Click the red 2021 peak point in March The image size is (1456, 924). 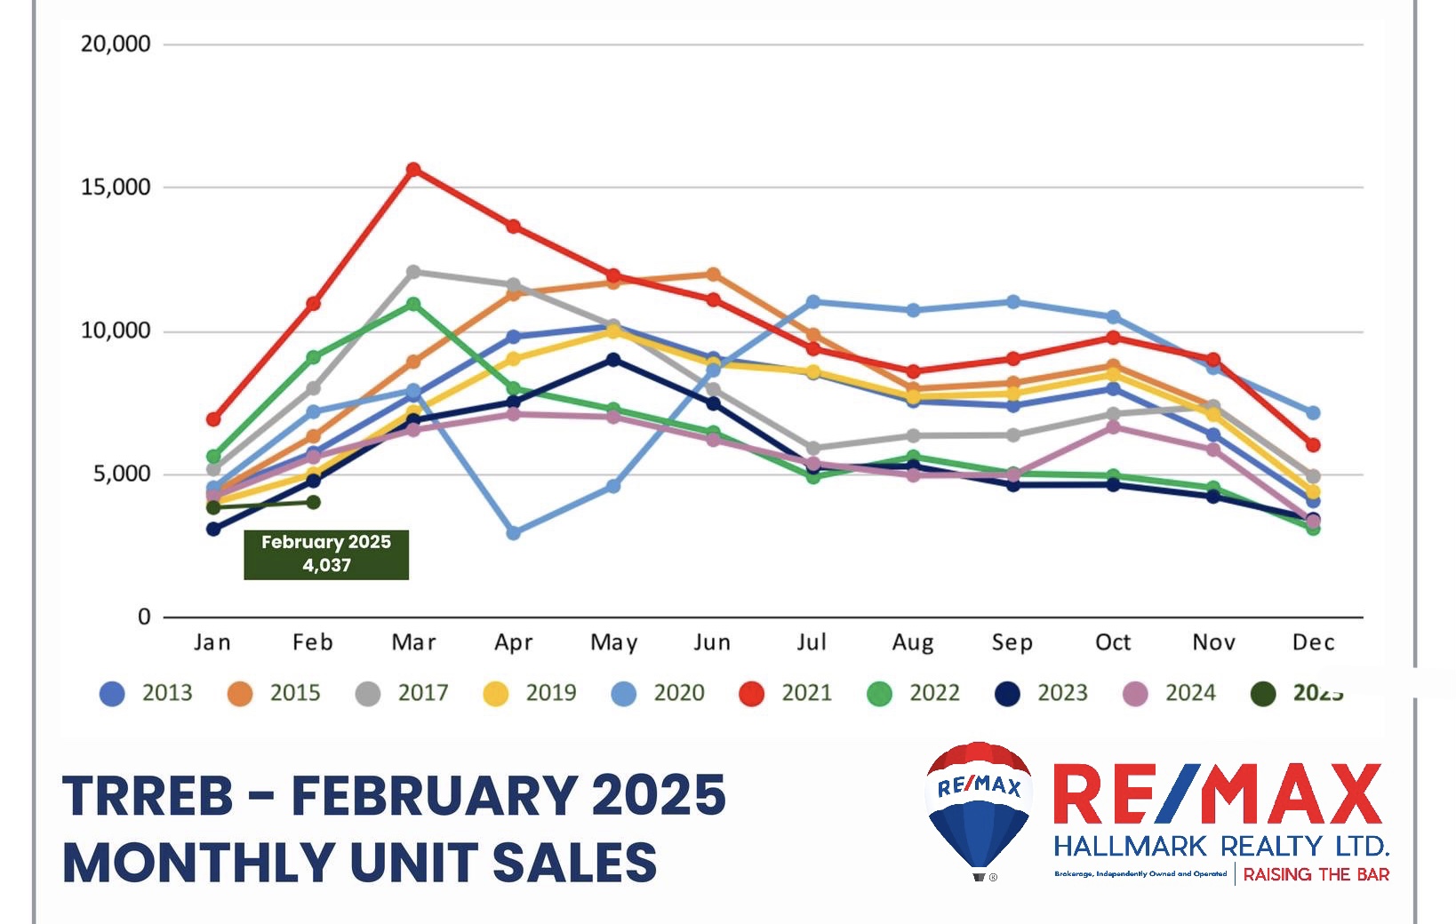[413, 170]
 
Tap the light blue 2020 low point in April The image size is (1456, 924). [514, 533]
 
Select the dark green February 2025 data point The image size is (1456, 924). [314, 503]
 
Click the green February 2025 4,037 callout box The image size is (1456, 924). [326, 554]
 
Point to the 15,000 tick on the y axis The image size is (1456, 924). [116, 187]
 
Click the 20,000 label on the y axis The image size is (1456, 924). [116, 44]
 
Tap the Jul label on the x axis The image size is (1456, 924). [812, 642]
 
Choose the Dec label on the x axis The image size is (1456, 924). [1313, 642]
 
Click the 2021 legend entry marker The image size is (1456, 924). [752, 694]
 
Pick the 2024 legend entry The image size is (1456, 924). [1170, 693]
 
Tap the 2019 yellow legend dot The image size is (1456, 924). [496, 694]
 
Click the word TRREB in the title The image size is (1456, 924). [148, 795]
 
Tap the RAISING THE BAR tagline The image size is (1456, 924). [1316, 875]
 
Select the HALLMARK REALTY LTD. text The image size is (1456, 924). [1220, 845]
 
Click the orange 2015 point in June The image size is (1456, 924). [713, 275]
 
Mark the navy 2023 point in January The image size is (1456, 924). [213, 530]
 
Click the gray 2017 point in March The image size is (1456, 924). [413, 272]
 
